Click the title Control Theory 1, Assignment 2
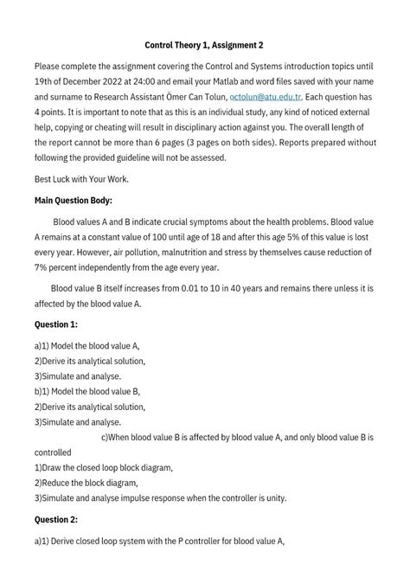(204, 44)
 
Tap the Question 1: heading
(56, 324)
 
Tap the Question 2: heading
(56, 520)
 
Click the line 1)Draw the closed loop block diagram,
(104, 467)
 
